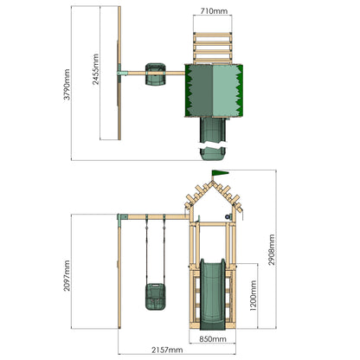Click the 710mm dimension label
[x=214, y=11]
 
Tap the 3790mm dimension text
[x=67, y=85]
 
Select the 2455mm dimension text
[x=95, y=69]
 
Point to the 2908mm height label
[x=272, y=250]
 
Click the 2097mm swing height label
[x=67, y=275]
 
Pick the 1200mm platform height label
[x=253, y=296]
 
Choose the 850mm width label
[x=213, y=339]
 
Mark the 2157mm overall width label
[x=167, y=350]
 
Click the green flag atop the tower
[x=220, y=173]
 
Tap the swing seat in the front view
[x=155, y=297]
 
